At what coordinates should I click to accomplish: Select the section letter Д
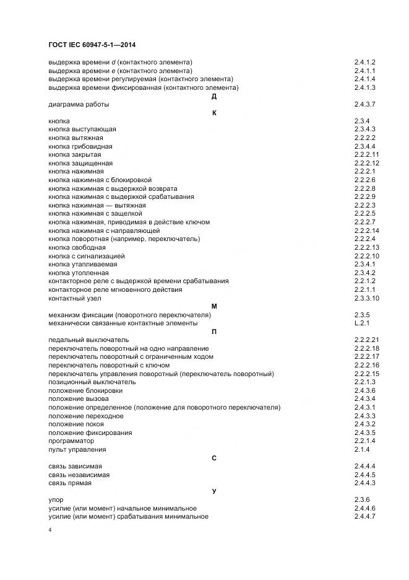tap(213, 96)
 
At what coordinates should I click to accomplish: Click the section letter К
tap(213, 113)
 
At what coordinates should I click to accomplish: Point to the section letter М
tap(213, 306)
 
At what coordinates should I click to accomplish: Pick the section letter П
tap(213, 332)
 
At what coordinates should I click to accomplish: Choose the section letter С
tap(213, 458)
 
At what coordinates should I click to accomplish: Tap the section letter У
tap(213, 491)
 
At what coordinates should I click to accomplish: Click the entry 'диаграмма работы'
tap(79, 104)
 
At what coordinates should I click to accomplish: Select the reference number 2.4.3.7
tap(365, 104)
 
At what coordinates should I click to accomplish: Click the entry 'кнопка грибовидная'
tap(80, 146)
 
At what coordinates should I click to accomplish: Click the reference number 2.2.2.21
tap(366, 340)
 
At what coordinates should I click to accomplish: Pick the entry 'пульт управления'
tap(77, 449)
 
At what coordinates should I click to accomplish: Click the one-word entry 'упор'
tap(56, 499)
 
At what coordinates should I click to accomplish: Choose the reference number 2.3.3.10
tap(366, 298)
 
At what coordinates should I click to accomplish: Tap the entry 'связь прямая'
tap(69, 483)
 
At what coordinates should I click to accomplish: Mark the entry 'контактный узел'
tap(74, 298)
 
